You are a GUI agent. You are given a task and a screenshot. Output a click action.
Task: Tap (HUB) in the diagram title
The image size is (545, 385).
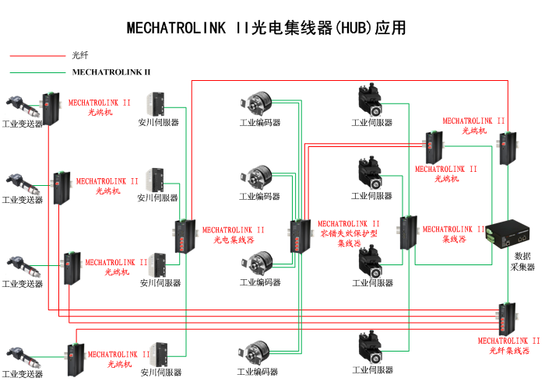tap(353, 28)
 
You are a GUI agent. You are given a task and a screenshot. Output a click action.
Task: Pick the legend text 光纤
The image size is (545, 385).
tap(79, 55)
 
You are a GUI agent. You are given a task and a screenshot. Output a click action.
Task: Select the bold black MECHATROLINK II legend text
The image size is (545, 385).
tap(111, 72)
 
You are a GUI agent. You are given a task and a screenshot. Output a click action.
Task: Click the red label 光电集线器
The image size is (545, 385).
tap(234, 240)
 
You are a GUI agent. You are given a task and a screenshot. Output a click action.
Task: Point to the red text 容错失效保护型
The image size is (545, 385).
tap(349, 233)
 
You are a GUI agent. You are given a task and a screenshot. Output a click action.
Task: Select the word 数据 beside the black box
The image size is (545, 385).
tap(523, 256)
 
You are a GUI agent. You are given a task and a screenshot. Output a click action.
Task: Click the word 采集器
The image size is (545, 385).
tap(523, 267)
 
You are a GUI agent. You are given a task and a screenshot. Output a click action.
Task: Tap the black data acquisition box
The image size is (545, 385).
tap(512, 231)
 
